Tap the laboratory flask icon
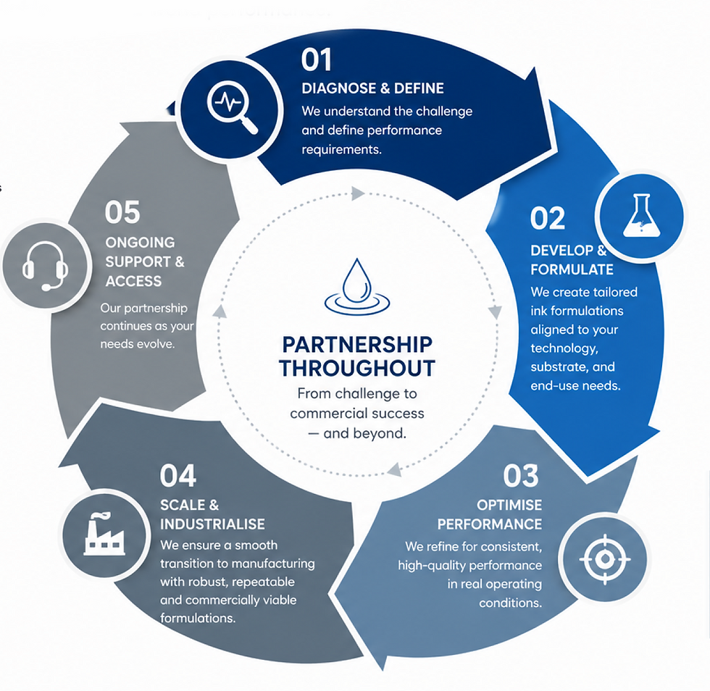click(641, 216)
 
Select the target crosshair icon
click(604, 559)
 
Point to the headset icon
click(45, 266)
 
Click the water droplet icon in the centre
click(357, 286)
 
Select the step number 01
click(317, 60)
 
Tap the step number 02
click(548, 218)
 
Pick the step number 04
click(178, 475)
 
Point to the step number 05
click(122, 212)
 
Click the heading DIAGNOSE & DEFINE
click(372, 88)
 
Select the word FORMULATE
click(572, 269)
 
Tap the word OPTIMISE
click(509, 505)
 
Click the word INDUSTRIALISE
click(212, 524)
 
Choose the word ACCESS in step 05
click(133, 281)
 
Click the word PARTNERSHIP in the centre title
click(357, 345)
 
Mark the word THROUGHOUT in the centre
click(357, 368)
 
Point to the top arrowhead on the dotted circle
click(358, 193)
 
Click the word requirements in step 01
click(341, 150)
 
